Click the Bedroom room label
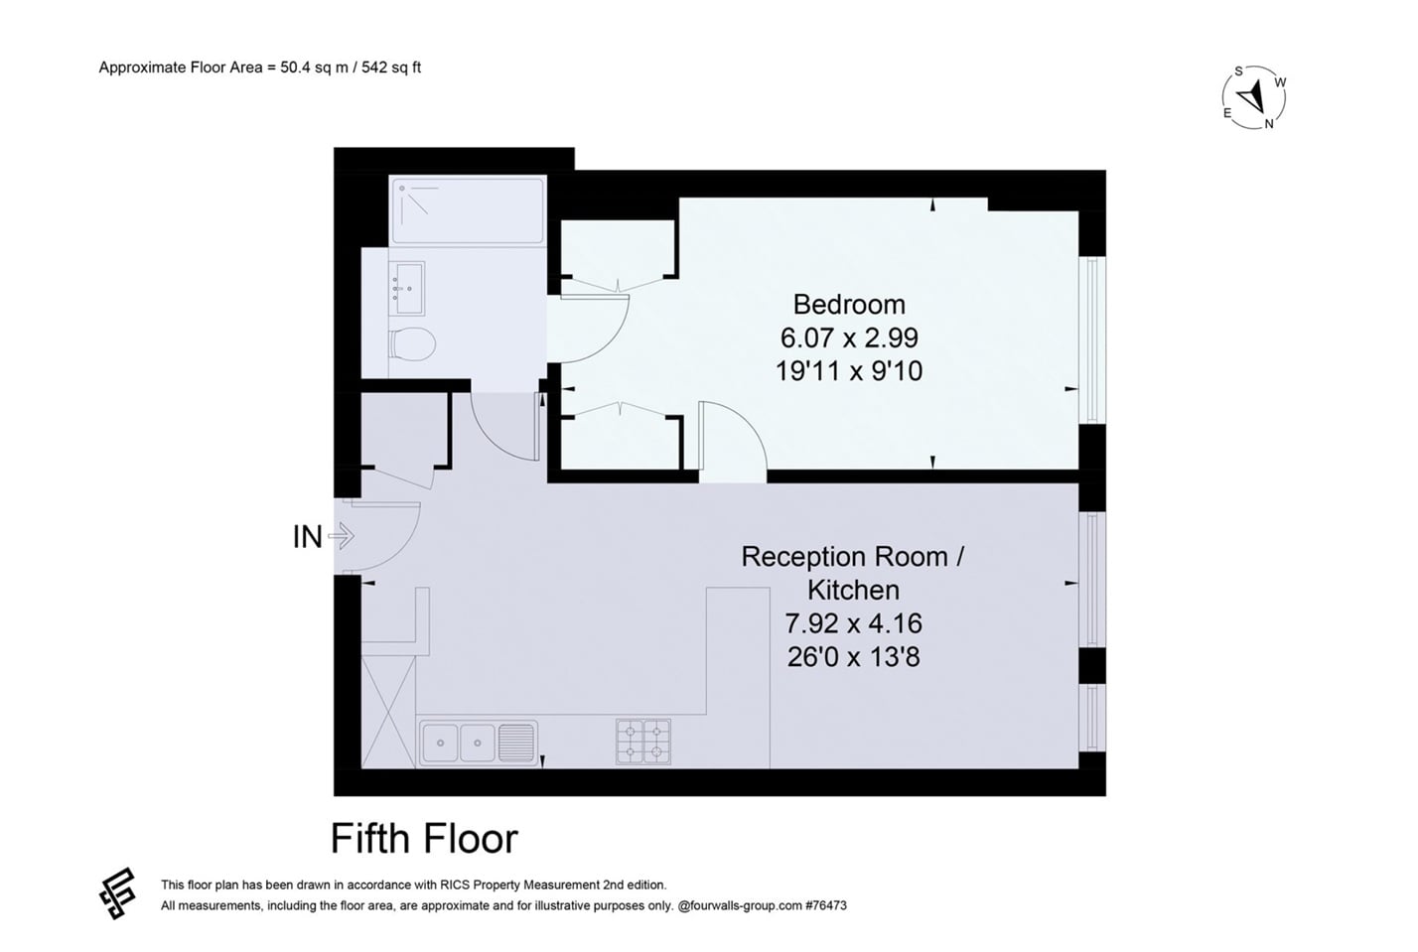[849, 304]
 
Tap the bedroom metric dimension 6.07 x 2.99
[849, 338]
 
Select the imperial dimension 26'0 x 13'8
[853, 657]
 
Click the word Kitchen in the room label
[853, 590]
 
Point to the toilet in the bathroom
[412, 343]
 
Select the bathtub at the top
[467, 209]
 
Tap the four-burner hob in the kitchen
[642, 742]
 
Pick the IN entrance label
[307, 537]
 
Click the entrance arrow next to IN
[341, 537]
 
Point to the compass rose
[1254, 97]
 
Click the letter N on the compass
[1269, 124]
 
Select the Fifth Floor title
[424, 839]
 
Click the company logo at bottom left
[117, 892]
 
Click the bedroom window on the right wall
[1091, 340]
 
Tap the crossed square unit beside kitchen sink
[388, 711]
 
